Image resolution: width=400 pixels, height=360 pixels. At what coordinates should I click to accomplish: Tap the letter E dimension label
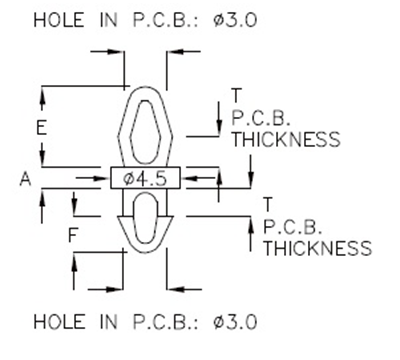click(x=41, y=128)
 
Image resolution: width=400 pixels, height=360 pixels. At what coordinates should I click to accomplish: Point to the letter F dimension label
click(x=72, y=237)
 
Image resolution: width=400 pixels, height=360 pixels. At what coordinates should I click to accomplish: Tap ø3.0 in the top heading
click(x=236, y=20)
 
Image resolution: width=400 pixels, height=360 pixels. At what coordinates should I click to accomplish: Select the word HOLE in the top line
click(x=60, y=20)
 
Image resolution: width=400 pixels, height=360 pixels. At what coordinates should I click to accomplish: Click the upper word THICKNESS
click(x=286, y=140)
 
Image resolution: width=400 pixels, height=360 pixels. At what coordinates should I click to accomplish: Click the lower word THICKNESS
click(x=317, y=247)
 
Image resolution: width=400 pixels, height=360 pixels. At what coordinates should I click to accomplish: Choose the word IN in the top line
click(x=107, y=20)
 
